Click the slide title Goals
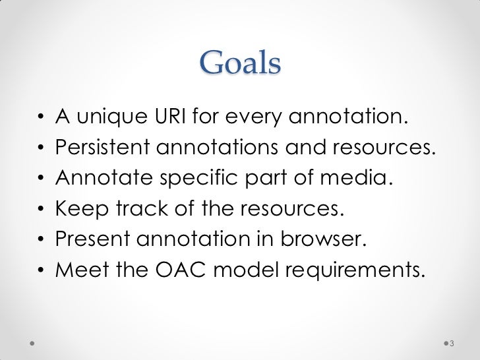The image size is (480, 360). point(240,64)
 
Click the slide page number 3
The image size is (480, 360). point(452,344)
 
